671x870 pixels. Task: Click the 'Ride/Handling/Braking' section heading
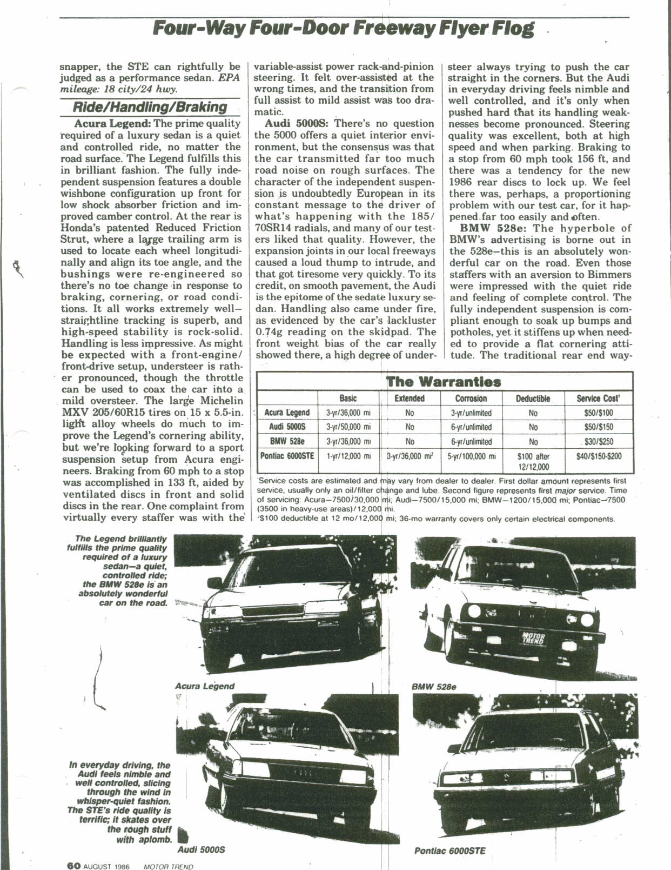[150, 107]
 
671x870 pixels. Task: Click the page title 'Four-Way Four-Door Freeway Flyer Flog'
[344, 28]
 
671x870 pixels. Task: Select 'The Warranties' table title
[444, 382]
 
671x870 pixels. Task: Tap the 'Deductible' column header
[533, 399]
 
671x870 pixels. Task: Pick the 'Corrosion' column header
[471, 399]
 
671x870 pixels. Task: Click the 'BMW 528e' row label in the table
[287, 441]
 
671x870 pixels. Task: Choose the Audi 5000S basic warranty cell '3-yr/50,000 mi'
[348, 427]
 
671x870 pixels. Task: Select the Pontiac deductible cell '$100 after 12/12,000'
[533, 461]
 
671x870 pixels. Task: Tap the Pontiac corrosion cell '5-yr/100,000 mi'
[471, 456]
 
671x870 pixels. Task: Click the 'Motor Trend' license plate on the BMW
[533, 638]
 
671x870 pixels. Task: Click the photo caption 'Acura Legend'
[205, 686]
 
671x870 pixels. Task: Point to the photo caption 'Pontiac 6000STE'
[449, 851]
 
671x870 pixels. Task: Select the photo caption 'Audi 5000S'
[201, 849]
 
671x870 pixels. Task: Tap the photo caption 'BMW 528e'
[434, 687]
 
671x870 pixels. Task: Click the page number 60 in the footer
[73, 866]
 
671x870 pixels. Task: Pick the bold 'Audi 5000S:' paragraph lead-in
[293, 124]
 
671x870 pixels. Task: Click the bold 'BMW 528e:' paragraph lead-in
[490, 228]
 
